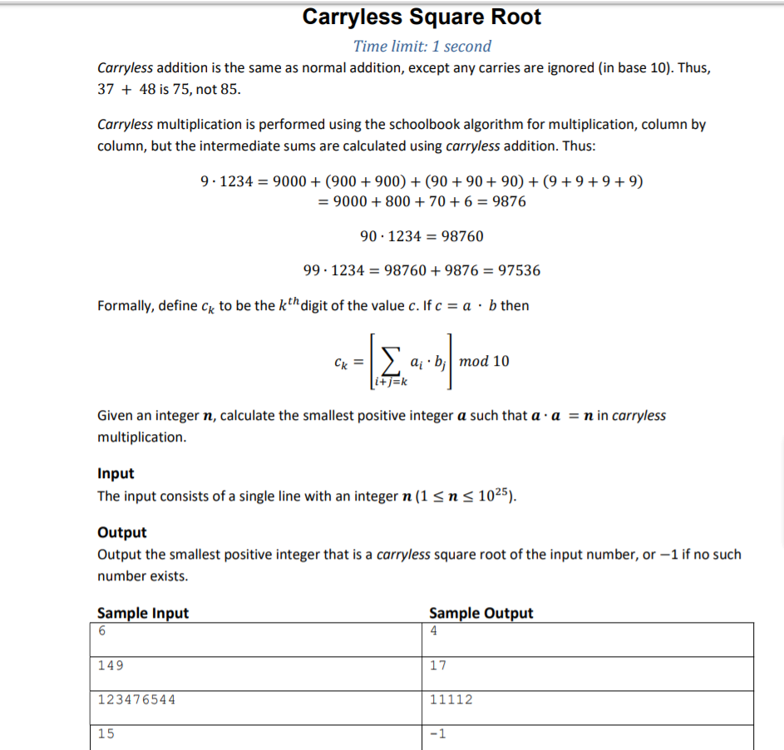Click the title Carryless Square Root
422,17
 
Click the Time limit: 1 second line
422,47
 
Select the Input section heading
116,473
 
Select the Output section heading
121,532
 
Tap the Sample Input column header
143,614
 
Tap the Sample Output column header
481,614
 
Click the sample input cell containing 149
111,665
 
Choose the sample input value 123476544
136,699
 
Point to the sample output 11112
451,699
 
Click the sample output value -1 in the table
438,733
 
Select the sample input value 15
106,733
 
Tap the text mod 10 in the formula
484,361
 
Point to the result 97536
517,270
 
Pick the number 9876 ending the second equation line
509,201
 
